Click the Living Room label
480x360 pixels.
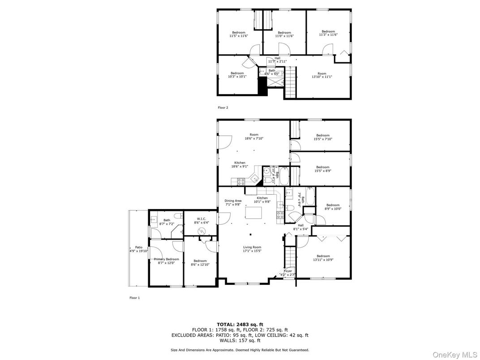252,247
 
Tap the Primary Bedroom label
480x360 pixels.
166,259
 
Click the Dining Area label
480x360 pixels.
233,201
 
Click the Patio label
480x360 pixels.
138,247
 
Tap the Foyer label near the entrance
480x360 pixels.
288,271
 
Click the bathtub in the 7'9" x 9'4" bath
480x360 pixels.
309,197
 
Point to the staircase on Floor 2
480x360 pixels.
291,81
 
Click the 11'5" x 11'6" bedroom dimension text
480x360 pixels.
239,36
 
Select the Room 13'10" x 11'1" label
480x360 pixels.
322,77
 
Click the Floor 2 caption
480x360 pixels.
223,108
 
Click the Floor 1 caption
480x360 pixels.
135,298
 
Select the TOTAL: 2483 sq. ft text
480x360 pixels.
240,324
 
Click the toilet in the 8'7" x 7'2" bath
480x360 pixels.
178,217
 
